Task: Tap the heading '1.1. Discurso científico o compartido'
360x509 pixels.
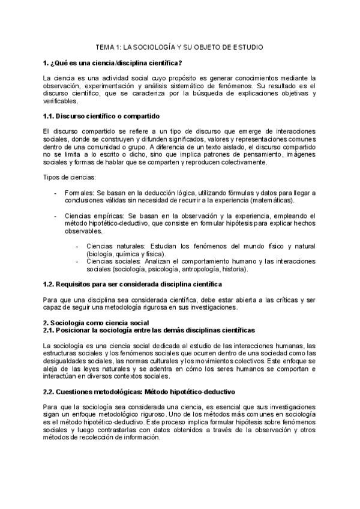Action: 101,115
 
